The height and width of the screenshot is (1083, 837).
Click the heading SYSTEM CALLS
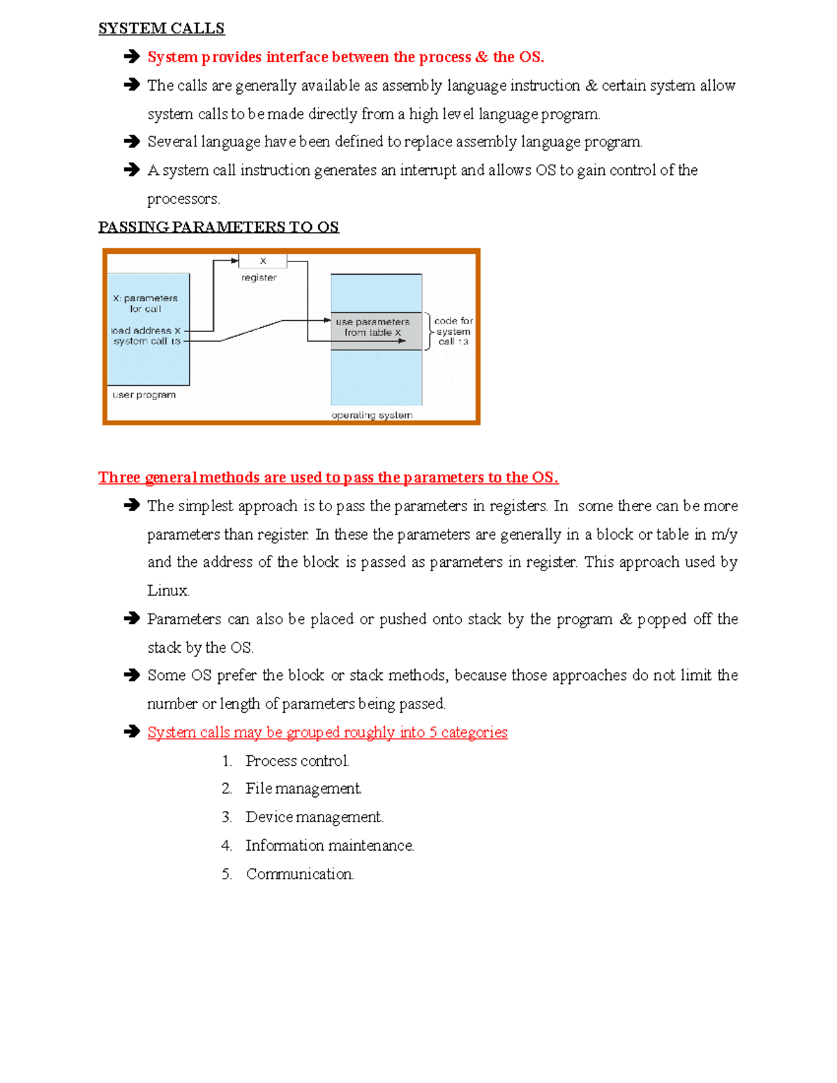tap(161, 29)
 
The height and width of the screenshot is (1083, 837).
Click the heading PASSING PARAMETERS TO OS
tap(218, 227)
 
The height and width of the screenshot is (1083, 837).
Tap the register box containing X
tap(262, 262)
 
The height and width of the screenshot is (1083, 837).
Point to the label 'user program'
tap(144, 395)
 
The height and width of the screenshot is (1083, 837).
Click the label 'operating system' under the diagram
tap(372, 416)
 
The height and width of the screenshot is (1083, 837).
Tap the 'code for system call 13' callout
tap(453, 331)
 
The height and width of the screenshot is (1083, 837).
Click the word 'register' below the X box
tap(259, 278)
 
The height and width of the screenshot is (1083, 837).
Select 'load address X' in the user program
tap(146, 331)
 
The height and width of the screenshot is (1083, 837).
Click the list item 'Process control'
tap(297, 761)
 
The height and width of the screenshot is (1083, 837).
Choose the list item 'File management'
tap(303, 789)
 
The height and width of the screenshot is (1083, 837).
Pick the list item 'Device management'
tap(314, 817)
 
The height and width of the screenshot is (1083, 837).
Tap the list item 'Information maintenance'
tap(329, 846)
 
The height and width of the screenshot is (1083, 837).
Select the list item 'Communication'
tap(300, 874)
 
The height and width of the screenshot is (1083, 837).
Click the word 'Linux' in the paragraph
tap(167, 591)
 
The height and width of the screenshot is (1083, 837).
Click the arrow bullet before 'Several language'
tap(131, 142)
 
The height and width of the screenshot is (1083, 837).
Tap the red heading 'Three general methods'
tap(328, 478)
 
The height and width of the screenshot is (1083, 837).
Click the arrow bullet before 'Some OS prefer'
tap(131, 675)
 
